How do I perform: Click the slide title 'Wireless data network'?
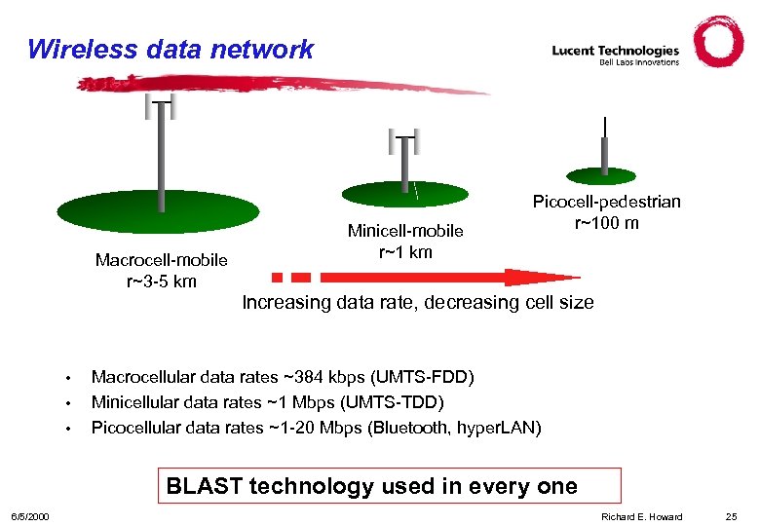tap(171, 49)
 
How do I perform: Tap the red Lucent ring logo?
tap(718, 42)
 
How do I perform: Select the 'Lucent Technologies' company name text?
tap(615, 50)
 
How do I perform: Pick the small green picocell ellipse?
tap(605, 175)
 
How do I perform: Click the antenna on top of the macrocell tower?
tap(160, 104)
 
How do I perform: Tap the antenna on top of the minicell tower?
tap(402, 141)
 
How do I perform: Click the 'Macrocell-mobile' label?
tap(161, 260)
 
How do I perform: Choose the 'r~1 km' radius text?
tap(405, 252)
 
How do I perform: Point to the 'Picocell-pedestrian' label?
tap(606, 202)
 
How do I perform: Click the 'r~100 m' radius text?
tap(606, 223)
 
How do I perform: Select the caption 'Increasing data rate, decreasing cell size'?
tap(417, 302)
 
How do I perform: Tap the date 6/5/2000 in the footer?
tap(30, 516)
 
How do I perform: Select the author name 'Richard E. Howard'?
tap(641, 516)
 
